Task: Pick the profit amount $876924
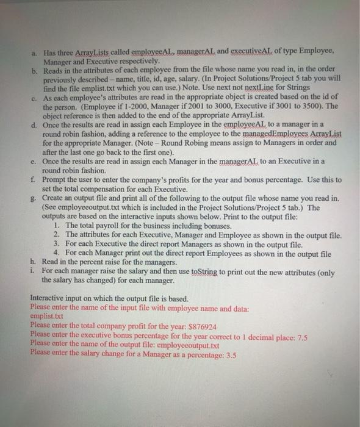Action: point(205,325)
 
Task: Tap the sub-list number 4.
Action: point(56,253)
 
